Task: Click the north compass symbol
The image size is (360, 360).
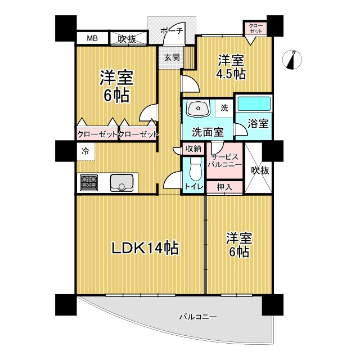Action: click(292, 59)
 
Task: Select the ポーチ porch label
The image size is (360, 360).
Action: click(172, 31)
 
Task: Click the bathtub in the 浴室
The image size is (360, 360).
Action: click(254, 104)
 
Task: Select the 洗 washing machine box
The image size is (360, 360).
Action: click(224, 107)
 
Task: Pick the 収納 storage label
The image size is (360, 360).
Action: click(195, 149)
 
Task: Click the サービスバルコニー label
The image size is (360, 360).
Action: click(226, 161)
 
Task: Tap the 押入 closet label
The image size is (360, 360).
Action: click(224, 187)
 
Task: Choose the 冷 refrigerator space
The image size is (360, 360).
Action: click(85, 151)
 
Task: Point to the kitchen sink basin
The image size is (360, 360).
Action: click(122, 182)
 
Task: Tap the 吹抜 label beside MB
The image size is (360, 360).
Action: click(127, 38)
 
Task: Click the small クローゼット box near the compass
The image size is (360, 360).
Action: click(256, 29)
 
